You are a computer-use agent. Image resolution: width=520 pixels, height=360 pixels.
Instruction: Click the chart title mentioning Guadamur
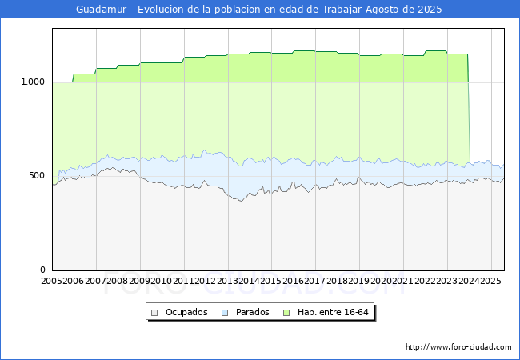click(x=259, y=10)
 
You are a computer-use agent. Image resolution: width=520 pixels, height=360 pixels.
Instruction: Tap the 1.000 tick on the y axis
click(x=33, y=82)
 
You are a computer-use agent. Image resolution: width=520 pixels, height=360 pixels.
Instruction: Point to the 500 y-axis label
click(x=37, y=176)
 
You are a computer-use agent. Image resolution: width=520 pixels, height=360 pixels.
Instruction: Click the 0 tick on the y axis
click(x=42, y=270)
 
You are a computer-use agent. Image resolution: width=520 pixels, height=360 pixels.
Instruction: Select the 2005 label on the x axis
click(x=51, y=281)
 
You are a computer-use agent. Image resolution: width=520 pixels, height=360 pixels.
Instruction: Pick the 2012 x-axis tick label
click(x=206, y=281)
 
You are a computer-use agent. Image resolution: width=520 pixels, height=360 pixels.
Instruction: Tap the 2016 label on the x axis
click(x=293, y=281)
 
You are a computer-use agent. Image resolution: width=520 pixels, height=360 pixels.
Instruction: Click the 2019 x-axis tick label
click(x=359, y=281)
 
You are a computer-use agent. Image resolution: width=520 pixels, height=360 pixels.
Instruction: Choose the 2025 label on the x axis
click(x=491, y=281)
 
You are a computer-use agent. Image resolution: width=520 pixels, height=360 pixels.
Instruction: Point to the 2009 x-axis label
click(x=139, y=281)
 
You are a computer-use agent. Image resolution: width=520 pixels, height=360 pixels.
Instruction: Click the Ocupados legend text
click(x=186, y=312)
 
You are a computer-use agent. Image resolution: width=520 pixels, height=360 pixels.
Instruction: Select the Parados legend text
click(x=252, y=312)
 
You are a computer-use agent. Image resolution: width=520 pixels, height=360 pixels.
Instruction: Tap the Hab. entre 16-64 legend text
click(x=333, y=312)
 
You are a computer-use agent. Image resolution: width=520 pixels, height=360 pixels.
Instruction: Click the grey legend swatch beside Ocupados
click(x=154, y=313)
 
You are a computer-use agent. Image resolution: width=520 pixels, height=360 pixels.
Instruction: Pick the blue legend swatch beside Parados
click(x=225, y=313)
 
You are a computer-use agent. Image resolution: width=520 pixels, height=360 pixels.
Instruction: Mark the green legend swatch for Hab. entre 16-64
click(x=286, y=313)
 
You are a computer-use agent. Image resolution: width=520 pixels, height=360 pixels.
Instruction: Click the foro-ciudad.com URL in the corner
click(x=458, y=347)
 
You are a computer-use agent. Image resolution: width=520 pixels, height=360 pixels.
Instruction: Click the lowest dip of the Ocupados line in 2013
click(x=241, y=201)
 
